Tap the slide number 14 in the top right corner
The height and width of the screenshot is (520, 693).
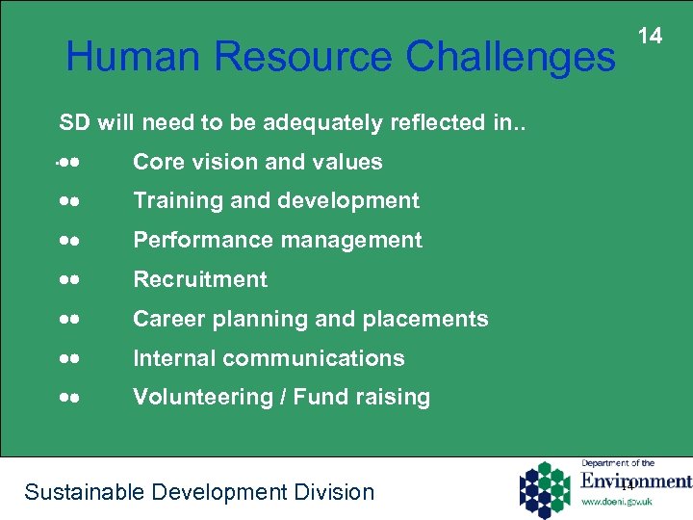[651, 37]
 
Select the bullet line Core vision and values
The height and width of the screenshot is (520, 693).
[257, 162]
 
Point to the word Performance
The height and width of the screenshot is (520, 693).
[189, 240]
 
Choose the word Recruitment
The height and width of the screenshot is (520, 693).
[200, 279]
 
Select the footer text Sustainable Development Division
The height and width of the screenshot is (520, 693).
[199, 492]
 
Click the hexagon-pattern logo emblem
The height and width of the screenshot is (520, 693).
[546, 489]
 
